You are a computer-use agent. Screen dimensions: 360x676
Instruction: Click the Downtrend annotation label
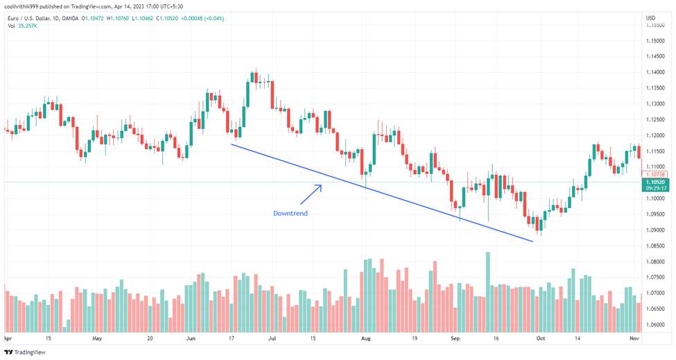coord(290,214)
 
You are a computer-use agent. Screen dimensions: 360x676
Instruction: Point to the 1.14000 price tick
coord(656,73)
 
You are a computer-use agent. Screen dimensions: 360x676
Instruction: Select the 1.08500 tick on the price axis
coord(656,246)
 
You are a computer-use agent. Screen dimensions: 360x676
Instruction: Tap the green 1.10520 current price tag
coord(656,182)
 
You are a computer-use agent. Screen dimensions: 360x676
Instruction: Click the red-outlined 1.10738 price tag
coord(656,174)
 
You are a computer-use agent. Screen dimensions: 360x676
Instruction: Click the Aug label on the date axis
coord(366,340)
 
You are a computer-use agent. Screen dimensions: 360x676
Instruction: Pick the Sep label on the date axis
coord(456,340)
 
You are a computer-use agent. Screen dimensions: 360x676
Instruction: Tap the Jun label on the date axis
coord(191,340)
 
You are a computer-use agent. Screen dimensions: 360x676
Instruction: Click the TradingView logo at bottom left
coord(27,352)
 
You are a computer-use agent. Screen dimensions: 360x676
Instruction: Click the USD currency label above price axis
coord(651,17)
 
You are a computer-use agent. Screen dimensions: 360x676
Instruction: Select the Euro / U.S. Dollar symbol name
coord(32,18)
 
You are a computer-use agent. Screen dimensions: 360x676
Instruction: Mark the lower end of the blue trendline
coord(532,241)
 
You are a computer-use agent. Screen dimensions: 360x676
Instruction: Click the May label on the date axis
coord(97,340)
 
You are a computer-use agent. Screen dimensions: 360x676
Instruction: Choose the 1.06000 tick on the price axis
coord(656,324)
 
